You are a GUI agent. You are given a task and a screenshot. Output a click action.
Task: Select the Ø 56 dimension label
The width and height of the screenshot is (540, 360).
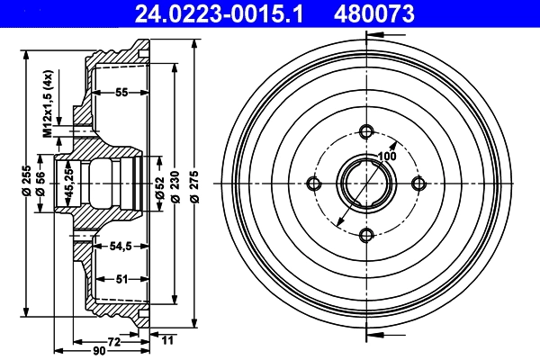coord(40,183)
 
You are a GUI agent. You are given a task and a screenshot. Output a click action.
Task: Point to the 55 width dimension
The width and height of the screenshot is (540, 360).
coord(121,93)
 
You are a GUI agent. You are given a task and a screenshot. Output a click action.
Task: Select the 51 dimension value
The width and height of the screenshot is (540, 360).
coord(121,278)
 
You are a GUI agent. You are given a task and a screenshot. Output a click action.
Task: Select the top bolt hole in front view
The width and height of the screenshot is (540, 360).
coord(365,131)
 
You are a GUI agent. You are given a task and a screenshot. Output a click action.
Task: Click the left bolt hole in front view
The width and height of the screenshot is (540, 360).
coord(314,184)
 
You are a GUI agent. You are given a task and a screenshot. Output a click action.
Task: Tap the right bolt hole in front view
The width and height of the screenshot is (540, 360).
coord(418,184)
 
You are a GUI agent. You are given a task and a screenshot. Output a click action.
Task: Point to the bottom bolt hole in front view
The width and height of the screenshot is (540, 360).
coord(365,235)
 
